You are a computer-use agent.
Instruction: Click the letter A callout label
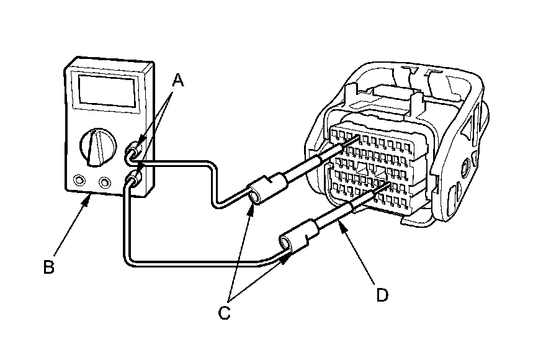coord(178,79)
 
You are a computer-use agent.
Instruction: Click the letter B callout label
coord(48,267)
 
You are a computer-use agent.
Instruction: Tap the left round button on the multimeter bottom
coord(79,181)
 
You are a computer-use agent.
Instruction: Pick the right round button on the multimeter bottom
coord(105,182)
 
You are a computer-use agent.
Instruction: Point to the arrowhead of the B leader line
coord(91,194)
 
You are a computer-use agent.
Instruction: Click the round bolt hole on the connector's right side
coord(464,167)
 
